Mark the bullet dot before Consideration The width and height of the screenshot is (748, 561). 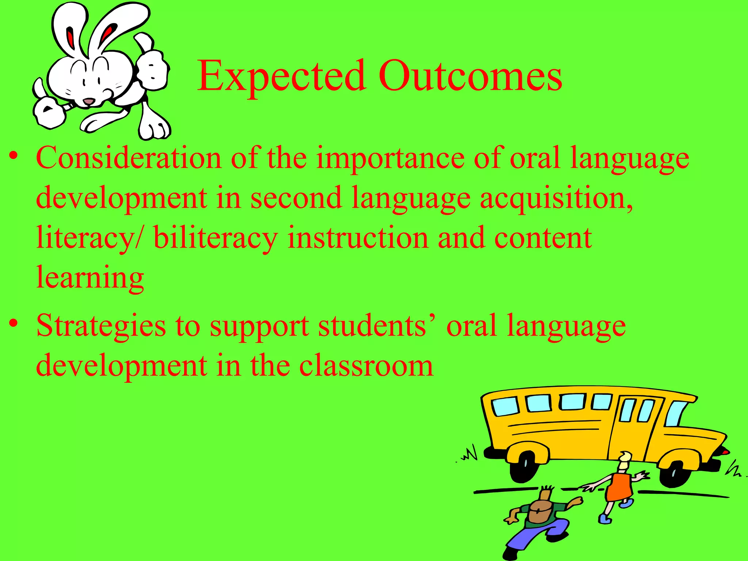point(14,156)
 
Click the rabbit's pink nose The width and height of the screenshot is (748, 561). point(89,101)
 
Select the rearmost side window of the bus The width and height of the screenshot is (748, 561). point(505,407)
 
